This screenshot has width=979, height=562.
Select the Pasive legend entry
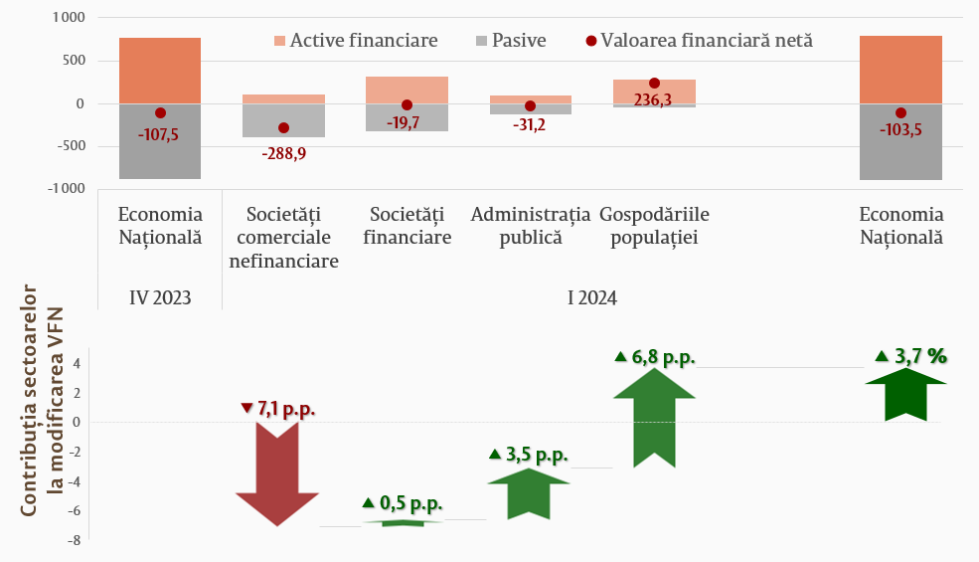[x=511, y=41]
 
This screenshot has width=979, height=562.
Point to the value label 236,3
[x=653, y=98]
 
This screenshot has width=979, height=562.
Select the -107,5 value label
[x=159, y=134]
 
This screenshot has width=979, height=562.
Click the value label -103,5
[x=900, y=129]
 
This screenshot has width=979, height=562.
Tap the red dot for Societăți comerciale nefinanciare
[x=283, y=128]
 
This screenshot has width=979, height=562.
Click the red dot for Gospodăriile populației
[x=654, y=84]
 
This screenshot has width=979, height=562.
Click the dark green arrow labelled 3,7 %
[x=905, y=394]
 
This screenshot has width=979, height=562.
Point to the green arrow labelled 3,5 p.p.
[x=528, y=493]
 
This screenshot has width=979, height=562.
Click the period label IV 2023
[x=160, y=296]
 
